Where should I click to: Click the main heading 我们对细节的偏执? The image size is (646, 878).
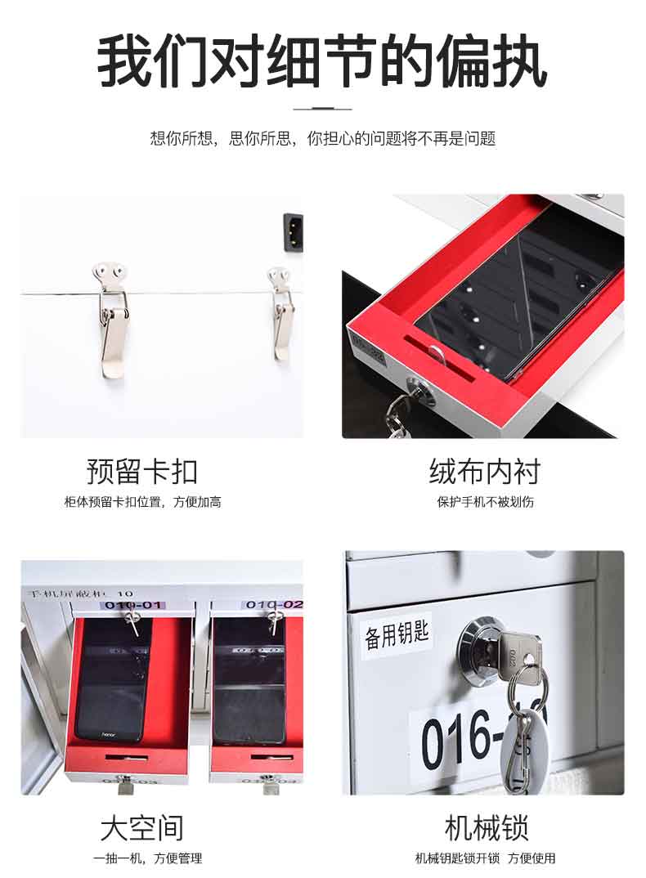(322, 60)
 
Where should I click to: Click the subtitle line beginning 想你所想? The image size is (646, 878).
(322, 138)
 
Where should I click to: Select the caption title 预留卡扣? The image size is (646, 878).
(142, 472)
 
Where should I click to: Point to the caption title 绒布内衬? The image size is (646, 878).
(485, 472)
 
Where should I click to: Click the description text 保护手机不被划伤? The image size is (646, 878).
(485, 502)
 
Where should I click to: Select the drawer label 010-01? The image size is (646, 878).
(132, 606)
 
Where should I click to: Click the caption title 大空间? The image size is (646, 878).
(142, 827)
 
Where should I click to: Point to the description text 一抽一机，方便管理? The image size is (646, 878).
(147, 858)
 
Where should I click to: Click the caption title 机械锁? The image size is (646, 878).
(485, 827)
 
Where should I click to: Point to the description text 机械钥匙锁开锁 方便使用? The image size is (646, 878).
(485, 858)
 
